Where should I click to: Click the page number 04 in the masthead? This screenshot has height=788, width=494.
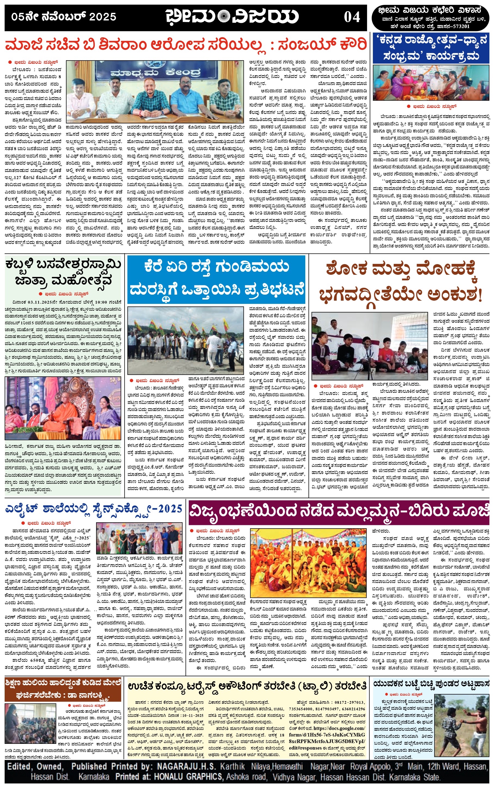point(352,17)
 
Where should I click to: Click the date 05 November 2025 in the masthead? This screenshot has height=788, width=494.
point(64,17)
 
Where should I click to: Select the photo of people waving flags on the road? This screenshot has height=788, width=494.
point(185,340)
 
